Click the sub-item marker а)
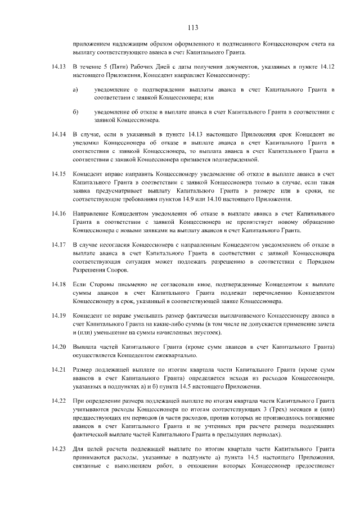click(75, 89)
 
